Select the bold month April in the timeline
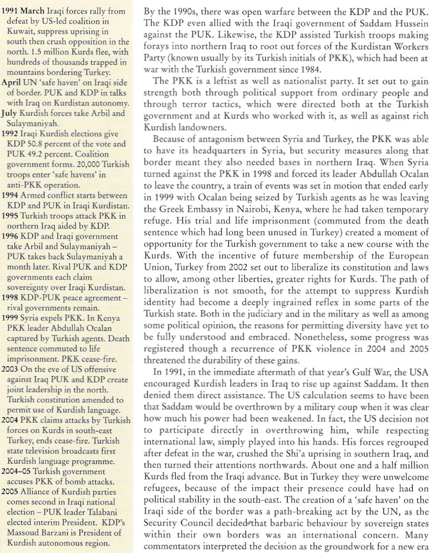[11, 83]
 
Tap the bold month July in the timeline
[10, 113]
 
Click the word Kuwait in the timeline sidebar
[19, 31]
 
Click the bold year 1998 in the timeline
[10, 298]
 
